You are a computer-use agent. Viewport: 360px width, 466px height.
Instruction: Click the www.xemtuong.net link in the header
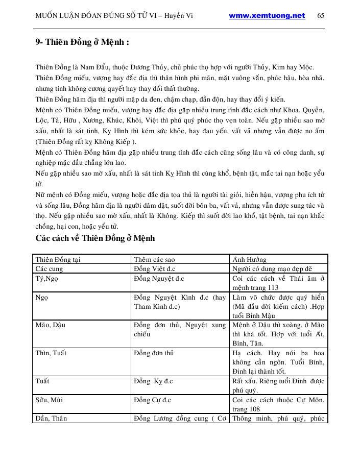[267, 16]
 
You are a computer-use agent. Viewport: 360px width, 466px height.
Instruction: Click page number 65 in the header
[321, 16]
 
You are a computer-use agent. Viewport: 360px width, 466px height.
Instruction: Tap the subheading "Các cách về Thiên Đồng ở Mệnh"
[95, 238]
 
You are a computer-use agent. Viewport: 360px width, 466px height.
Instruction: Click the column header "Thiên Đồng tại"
[56, 259]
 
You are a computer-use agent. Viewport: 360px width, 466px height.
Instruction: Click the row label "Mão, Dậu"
[51, 325]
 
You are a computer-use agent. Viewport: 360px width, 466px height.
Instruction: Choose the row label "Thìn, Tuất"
[51, 353]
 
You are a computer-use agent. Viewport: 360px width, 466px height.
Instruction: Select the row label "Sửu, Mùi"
[50, 400]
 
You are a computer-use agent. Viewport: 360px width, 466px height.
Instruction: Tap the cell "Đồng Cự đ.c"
[152, 400]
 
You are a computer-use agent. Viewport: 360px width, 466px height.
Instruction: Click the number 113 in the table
[273, 287]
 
